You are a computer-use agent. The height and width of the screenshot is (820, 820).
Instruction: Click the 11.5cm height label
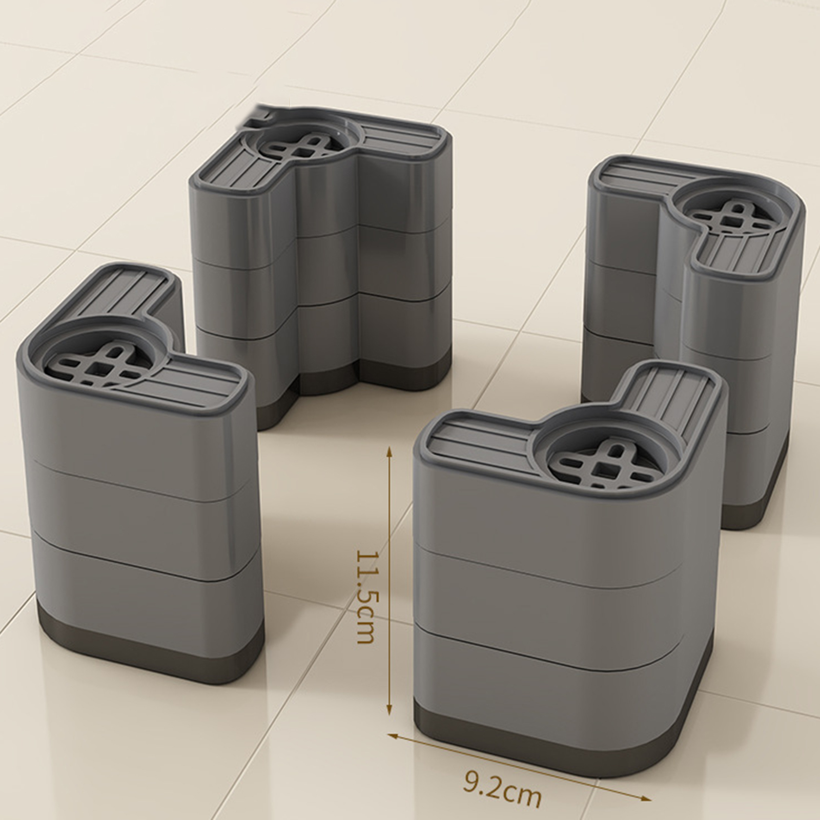pyautogui.click(x=365, y=597)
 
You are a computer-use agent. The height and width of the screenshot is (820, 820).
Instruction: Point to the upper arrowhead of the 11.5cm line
pyautogui.click(x=390, y=453)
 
